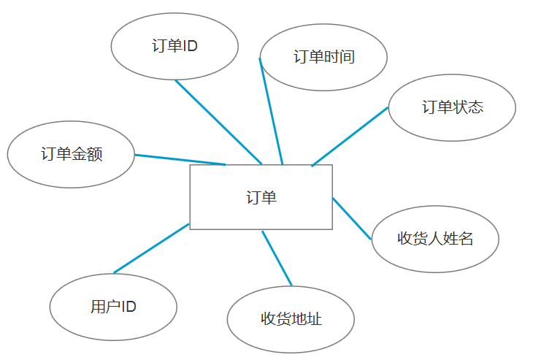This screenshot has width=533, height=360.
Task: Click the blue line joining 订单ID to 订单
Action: coord(218,122)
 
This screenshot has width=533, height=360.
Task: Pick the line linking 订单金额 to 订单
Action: coord(180,159)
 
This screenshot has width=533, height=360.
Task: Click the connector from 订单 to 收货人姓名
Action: coord(352,218)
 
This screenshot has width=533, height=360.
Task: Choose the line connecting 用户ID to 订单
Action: coord(151,248)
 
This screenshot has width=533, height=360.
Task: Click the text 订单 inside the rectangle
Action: coord(261,197)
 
